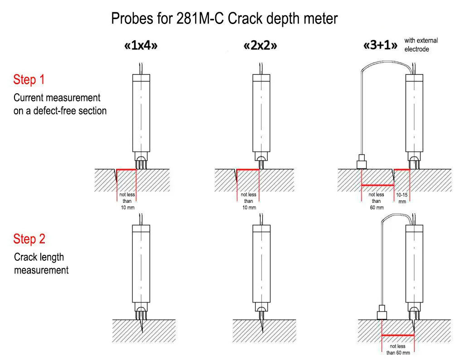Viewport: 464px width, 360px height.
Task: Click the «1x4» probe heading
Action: pyautogui.click(x=141, y=46)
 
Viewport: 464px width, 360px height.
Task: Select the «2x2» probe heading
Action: pyautogui.click(x=260, y=46)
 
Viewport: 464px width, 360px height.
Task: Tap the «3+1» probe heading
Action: pyautogui.click(x=381, y=45)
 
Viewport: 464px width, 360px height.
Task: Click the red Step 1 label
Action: pyautogui.click(x=29, y=80)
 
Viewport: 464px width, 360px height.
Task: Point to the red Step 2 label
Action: pyautogui.click(x=29, y=239)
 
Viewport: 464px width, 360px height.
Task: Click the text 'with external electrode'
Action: pyautogui.click(x=421, y=45)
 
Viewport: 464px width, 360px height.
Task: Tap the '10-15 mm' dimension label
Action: pyautogui.click(x=402, y=198)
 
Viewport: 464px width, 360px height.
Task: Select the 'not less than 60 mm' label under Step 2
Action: pyautogui.click(x=398, y=349)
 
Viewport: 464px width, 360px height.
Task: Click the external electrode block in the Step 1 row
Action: pyautogui.click(x=362, y=162)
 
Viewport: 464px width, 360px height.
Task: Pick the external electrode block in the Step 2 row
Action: pyautogui.click(x=382, y=312)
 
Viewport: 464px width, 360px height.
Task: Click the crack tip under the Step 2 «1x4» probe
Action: pyautogui.click(x=142, y=332)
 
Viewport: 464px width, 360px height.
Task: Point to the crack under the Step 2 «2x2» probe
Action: pyautogui.click(x=261, y=326)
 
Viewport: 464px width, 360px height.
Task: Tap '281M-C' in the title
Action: pyautogui.click(x=200, y=19)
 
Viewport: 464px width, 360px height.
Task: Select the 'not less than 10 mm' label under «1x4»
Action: pyautogui.click(x=127, y=201)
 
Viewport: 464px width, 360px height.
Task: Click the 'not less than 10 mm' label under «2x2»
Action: pyautogui.click(x=249, y=201)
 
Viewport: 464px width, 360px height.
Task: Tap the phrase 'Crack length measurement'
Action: pyautogui.click(x=41, y=264)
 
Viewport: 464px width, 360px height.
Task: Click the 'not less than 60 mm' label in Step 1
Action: pyautogui.click(x=377, y=201)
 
